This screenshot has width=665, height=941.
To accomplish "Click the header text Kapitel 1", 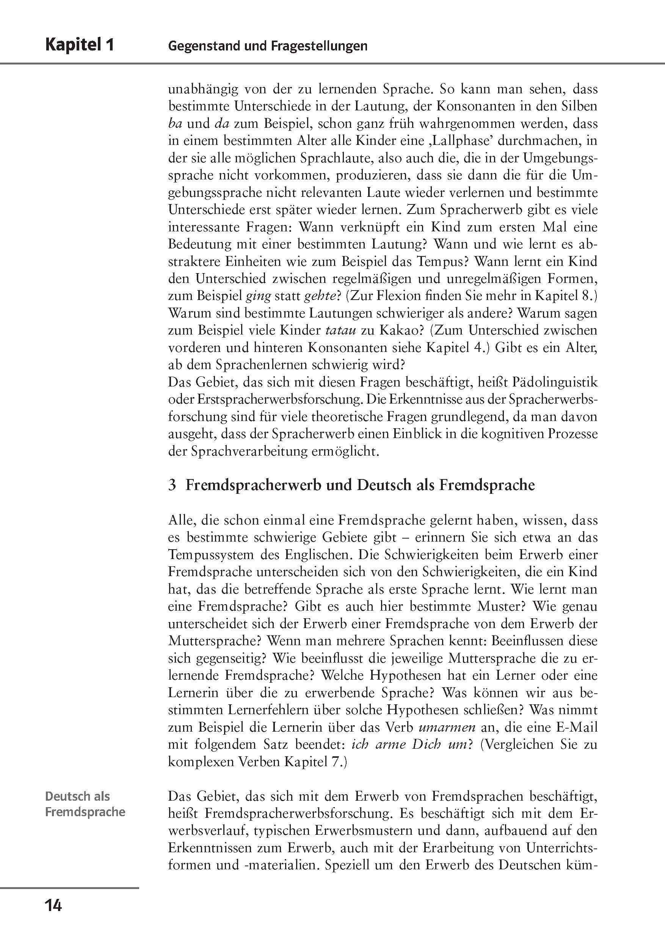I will (x=80, y=45).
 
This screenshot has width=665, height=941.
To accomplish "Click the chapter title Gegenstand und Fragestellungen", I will (x=268, y=46).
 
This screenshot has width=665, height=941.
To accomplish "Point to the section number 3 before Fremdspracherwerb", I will (x=172, y=485).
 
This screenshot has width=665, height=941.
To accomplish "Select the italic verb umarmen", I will (x=447, y=727).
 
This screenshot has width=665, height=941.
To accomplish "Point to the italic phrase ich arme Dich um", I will (x=409, y=745).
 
